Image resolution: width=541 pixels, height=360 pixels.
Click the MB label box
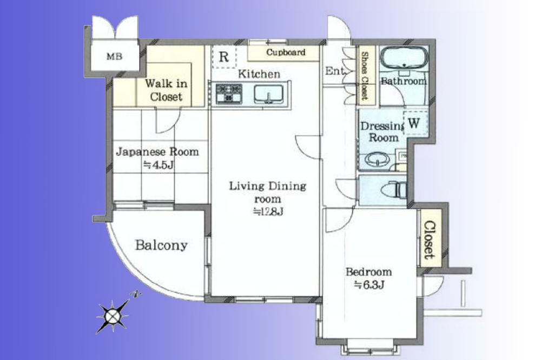pyautogui.click(x=114, y=56)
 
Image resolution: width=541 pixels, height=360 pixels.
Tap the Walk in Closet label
pyautogui.click(x=166, y=90)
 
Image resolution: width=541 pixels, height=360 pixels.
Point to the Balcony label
pyautogui.click(x=161, y=245)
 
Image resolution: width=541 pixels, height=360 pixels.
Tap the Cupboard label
pyautogui.click(x=286, y=52)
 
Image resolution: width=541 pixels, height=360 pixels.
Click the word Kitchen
pyautogui.click(x=260, y=74)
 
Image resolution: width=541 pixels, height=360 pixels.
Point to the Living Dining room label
pyautogui.click(x=267, y=192)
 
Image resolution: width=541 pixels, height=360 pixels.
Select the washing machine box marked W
pyautogui.click(x=414, y=123)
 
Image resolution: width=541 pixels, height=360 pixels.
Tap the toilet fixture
pyautogui.click(x=394, y=190)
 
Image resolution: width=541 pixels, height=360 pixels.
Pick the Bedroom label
pyautogui.click(x=369, y=272)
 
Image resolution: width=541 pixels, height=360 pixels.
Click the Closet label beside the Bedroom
pyautogui.click(x=429, y=239)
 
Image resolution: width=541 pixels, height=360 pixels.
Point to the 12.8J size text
pyautogui.click(x=268, y=212)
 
